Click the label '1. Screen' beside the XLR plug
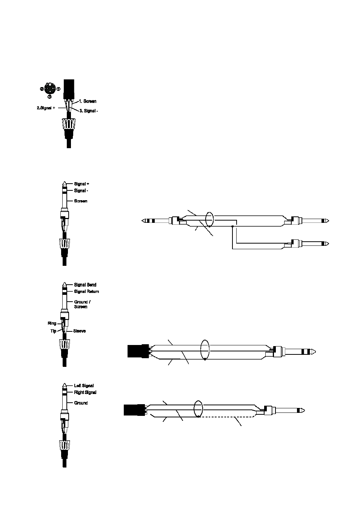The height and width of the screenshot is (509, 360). point(88,101)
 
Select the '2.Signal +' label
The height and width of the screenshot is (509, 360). point(46,108)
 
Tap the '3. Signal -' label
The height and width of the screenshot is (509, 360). point(89,111)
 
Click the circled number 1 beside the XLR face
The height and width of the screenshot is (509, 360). point(58,89)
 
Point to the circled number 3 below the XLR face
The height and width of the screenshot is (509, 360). point(49,97)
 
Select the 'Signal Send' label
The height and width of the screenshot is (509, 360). point(85,285)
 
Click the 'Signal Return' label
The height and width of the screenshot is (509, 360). point(86,291)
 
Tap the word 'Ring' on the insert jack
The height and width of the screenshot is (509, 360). point(52,323)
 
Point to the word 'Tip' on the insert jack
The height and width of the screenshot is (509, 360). point(53,331)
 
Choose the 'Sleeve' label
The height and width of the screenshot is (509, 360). point(79,331)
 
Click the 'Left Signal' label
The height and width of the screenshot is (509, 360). point(84,386)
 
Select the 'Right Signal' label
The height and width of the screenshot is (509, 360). point(85,392)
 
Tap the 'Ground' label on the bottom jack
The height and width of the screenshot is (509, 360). point(81,403)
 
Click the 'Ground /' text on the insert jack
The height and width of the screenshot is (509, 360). point(82,302)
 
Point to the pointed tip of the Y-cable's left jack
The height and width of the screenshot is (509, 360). point(142,221)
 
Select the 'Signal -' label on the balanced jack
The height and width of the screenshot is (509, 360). point(81,190)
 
